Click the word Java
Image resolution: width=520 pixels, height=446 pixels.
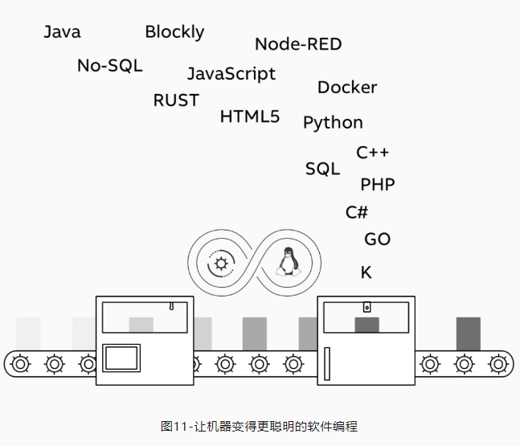point(62,32)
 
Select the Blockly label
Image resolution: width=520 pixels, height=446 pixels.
point(174,32)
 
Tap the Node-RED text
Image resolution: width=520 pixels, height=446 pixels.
point(298,44)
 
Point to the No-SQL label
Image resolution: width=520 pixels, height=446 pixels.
point(109,66)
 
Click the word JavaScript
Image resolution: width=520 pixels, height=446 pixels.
point(231,74)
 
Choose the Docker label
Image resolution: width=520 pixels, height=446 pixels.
point(347,88)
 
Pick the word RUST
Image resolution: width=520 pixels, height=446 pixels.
point(176,100)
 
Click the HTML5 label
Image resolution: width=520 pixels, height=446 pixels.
point(250,117)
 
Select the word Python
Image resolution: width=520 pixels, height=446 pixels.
point(333,123)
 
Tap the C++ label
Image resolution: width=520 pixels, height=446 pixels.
point(373,153)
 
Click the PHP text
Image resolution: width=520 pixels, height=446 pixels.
point(378,185)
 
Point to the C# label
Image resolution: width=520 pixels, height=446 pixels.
point(357,213)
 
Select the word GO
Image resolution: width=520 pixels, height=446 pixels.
point(378,239)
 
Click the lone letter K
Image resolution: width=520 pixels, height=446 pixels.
point(366,273)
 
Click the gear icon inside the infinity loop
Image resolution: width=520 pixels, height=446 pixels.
point(221,263)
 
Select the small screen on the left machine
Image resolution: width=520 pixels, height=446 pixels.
point(122,357)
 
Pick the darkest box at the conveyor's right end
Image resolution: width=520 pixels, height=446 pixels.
point(468,333)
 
